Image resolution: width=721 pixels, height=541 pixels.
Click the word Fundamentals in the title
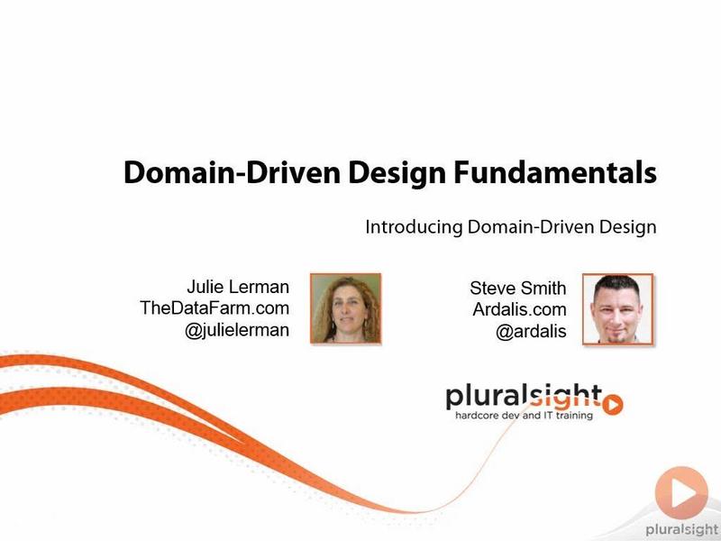click(555, 173)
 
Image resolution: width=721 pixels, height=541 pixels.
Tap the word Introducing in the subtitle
click(414, 228)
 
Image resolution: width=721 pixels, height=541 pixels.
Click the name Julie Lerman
click(238, 287)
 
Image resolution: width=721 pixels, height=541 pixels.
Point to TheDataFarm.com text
click(214, 308)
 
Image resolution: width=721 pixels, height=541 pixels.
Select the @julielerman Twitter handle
click(237, 330)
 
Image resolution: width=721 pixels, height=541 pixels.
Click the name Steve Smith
click(517, 289)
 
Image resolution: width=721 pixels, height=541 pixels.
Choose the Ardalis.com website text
click(519, 309)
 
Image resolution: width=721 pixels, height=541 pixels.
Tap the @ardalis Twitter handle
click(531, 331)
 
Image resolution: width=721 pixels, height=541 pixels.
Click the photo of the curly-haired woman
click(346, 308)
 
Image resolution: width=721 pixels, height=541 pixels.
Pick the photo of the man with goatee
click(617, 309)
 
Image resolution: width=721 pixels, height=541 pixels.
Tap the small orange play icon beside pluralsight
click(613, 405)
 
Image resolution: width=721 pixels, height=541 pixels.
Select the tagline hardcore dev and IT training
click(524, 416)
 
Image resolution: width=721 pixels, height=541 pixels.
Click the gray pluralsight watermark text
click(682, 529)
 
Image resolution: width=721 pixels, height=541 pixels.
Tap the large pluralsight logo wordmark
click(524, 397)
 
